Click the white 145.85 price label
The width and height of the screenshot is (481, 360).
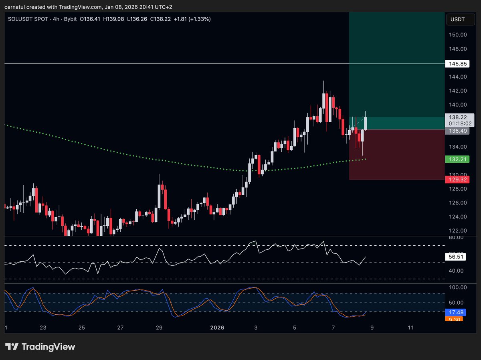[x=457, y=64]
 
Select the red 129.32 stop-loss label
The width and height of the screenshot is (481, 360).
[x=457, y=179]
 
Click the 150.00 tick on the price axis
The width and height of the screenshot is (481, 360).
[x=458, y=35]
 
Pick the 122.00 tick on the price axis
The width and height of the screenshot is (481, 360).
[x=458, y=231]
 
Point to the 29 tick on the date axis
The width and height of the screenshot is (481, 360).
[x=159, y=328]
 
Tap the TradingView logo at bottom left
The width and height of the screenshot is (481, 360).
[x=40, y=347]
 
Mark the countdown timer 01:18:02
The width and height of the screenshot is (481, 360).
[x=457, y=123]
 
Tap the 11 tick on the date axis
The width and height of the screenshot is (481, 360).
[x=410, y=328]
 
